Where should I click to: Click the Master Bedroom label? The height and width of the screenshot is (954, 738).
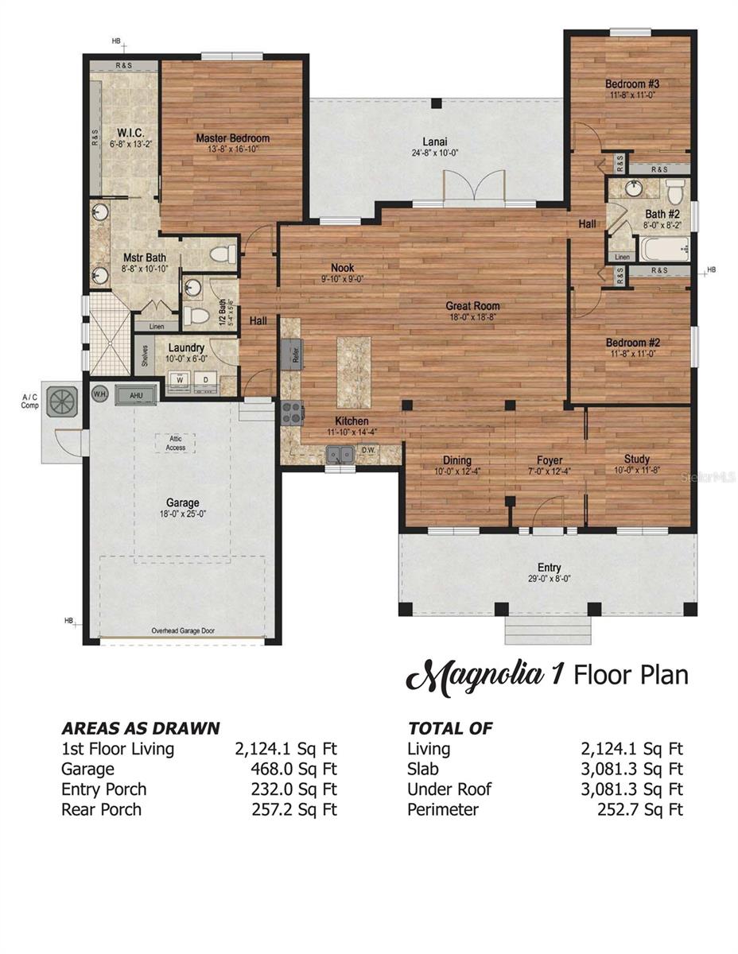pos(232,138)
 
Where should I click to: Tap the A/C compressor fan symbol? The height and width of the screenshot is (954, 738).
pos(61,401)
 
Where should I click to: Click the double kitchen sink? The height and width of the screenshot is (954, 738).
pos(340,454)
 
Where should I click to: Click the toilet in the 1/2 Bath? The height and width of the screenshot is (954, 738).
pos(195,316)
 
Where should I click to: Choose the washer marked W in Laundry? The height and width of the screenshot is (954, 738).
pos(179,379)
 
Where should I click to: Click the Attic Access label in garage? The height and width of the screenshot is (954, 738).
pos(176,443)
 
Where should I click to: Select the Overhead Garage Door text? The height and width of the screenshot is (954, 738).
pos(182,631)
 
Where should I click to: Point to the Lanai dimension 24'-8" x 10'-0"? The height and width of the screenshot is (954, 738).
pos(435,153)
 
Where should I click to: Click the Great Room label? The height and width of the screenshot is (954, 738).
pos(472,306)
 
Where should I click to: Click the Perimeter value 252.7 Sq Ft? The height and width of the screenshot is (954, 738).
pos(639,809)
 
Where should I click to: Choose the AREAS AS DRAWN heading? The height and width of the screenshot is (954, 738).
pos(141,728)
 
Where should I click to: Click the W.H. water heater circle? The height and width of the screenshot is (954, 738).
pos(100,394)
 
